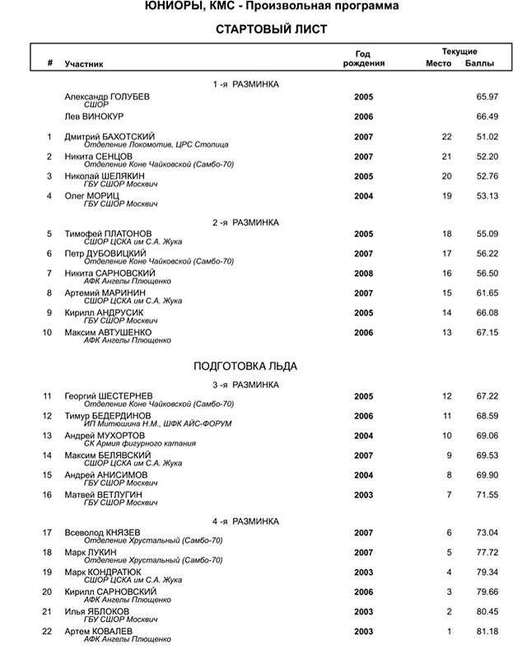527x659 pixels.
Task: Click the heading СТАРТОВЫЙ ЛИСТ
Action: coord(272,30)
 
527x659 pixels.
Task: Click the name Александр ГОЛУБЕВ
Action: coord(107,96)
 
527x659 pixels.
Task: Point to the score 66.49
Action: coord(487,116)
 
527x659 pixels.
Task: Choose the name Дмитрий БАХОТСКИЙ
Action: coord(110,136)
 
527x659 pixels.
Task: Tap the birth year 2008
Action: coord(363,273)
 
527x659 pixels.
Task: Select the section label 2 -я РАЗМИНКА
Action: coord(245,222)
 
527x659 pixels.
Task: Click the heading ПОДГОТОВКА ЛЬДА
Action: coord(245,366)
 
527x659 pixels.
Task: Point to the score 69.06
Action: coord(487,435)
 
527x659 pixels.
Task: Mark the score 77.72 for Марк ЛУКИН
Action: coord(487,552)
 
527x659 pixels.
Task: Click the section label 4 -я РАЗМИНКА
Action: coord(245,521)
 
